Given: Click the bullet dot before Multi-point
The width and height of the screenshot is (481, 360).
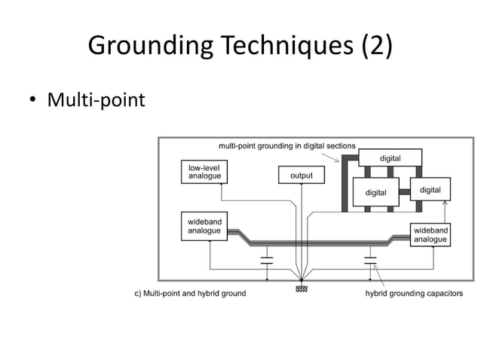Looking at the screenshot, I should point(32,99).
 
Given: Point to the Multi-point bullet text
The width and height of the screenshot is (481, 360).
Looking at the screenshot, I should point(96,99).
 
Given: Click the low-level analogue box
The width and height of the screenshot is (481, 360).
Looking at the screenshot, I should point(204,172).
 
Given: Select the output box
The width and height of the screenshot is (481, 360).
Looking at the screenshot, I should point(302,175).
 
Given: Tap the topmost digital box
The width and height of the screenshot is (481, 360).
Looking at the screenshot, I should point(390,157).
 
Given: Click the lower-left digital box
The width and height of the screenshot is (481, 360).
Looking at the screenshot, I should point(375,192).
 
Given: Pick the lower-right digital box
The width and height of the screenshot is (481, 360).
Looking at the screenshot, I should point(430,189).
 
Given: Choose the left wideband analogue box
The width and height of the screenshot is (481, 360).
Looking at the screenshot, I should point(204,226).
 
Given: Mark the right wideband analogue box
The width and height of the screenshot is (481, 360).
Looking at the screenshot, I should point(430,234).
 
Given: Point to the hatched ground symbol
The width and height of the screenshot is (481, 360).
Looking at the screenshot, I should point(302,285).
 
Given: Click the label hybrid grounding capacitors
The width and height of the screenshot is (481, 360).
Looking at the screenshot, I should point(414,293).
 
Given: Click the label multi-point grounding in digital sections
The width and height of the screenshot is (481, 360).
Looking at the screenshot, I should point(286,145).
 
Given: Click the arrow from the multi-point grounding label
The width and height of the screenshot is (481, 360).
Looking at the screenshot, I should point(331,156).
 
